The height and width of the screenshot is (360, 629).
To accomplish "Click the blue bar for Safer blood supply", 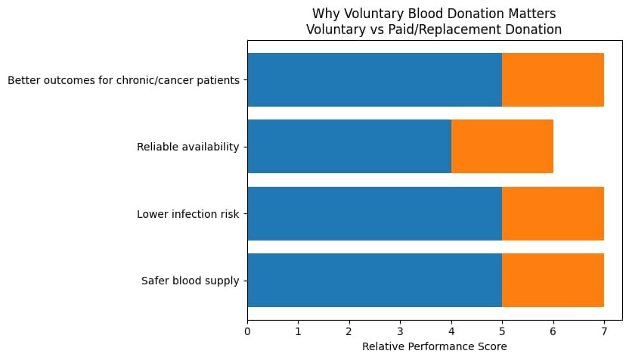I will pyautogui.click(x=374, y=281).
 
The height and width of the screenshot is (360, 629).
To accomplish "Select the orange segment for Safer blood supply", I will pyautogui.click(x=553, y=281).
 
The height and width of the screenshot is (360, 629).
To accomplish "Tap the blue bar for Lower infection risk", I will pyautogui.click(x=374, y=214).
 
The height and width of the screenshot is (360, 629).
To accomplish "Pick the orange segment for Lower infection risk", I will pyautogui.click(x=553, y=214).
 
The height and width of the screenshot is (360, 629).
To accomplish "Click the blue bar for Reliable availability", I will pyautogui.click(x=349, y=147).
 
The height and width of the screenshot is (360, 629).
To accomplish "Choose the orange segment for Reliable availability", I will pyautogui.click(x=502, y=147).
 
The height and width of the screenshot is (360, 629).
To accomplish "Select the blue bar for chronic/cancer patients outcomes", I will pyautogui.click(x=374, y=79).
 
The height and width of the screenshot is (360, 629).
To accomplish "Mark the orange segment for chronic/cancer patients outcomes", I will pyautogui.click(x=553, y=79).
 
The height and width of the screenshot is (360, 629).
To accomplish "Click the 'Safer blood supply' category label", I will pyautogui.click(x=190, y=281).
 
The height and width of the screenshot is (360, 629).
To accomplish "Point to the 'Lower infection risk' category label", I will pyautogui.click(x=187, y=214).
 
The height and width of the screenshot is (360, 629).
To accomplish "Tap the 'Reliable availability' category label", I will pyautogui.click(x=187, y=147).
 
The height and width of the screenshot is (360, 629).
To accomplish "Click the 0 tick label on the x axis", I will pyautogui.click(x=247, y=330).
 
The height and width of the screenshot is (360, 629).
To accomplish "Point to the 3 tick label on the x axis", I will pyautogui.click(x=400, y=330).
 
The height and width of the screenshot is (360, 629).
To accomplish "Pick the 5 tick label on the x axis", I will pyautogui.click(x=502, y=330).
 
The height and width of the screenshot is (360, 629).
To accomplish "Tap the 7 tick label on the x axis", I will pyautogui.click(x=604, y=330).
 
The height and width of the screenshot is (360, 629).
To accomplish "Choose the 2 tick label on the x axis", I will pyautogui.click(x=349, y=330).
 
